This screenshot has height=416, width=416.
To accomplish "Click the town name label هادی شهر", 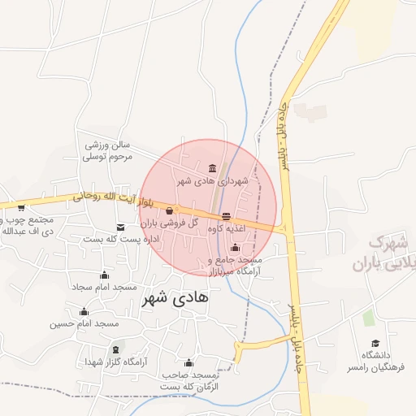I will [175, 297].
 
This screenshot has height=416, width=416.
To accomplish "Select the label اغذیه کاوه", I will [227, 229].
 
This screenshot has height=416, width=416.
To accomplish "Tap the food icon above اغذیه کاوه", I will [226, 216].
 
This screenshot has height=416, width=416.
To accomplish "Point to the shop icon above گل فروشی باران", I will [169, 211].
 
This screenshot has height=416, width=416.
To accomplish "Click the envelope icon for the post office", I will [121, 227].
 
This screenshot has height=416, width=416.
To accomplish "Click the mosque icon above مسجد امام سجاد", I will [103, 275].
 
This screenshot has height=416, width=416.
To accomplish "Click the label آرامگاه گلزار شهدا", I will [113, 362].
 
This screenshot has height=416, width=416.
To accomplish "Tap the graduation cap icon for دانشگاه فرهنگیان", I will [375, 344].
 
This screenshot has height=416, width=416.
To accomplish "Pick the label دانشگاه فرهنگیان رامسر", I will [375, 362].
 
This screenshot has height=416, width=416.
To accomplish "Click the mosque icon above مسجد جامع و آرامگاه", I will [235, 247].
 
